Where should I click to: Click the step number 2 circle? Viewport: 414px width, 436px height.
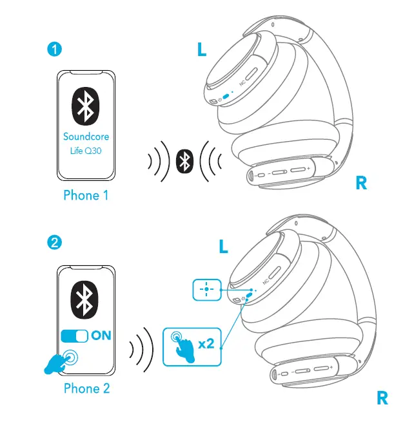pos(55,243)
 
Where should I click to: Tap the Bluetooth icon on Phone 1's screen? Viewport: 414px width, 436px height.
pos(85,106)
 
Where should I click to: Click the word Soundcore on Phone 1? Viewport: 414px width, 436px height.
pos(86,137)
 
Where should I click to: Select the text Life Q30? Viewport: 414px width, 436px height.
pos(86,152)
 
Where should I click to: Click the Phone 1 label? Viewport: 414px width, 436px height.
pos(86,195)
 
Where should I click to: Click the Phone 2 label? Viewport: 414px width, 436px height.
pos(86,388)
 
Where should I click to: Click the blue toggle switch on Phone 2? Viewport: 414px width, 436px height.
pos(74,336)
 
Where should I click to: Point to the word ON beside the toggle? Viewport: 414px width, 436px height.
pos(101,336)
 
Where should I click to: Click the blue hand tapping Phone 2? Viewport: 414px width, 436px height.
pos(59,362)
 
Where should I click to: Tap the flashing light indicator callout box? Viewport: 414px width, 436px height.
pos(206,290)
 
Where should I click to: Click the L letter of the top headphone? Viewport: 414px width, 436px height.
pos(202,50)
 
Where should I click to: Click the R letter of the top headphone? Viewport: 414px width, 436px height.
pos(361,184)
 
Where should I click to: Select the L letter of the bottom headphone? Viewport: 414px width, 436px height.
pos(223,247)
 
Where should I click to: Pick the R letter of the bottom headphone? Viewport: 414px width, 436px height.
pos(382,399)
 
